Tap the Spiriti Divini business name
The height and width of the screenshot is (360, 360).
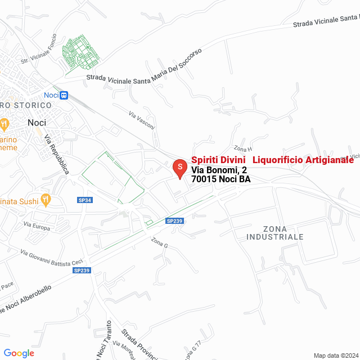tap(219, 160)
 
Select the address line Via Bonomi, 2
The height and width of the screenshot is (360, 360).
tap(219, 170)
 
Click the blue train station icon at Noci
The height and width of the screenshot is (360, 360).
tap(64, 95)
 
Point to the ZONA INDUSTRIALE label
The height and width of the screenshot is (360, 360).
tap(274, 233)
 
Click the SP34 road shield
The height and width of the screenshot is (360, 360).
tap(85, 200)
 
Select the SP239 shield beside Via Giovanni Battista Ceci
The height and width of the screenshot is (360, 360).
tap(82, 271)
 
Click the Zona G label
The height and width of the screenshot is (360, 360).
tap(159, 242)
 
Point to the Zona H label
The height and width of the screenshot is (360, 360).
tap(243, 149)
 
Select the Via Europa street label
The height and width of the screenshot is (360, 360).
tap(37, 226)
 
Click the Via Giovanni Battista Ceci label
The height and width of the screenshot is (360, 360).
tap(52, 259)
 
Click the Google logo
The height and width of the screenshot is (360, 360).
tap(19, 353)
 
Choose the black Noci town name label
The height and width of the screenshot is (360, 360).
tap(37, 122)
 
